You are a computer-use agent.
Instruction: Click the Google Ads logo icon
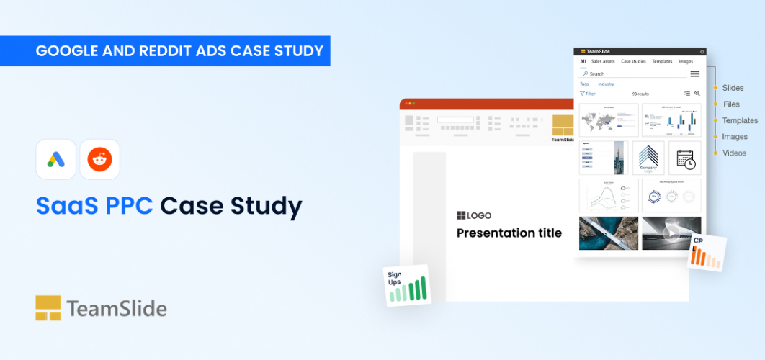pos(55,159)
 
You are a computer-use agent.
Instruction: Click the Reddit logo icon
pos(99,159)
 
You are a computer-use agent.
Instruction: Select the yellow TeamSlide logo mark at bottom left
pos(48,307)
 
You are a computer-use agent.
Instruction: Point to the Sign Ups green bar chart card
pos(407,285)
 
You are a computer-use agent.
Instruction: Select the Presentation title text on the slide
pos(509,233)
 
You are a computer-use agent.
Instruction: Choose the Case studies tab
pos(633,62)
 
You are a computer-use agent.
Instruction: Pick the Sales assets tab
pos(603,62)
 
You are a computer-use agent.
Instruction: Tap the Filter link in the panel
pos(588,94)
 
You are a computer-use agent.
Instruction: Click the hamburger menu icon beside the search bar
pos(695,73)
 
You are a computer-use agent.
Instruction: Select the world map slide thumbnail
pos(609,120)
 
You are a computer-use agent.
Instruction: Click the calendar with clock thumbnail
pos(685,158)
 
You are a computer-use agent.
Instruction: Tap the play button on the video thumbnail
pos(671,233)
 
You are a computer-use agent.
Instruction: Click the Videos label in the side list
pos(734,153)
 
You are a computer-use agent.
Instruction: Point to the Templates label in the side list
pos(740,120)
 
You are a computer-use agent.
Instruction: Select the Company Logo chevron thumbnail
pos(648,158)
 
